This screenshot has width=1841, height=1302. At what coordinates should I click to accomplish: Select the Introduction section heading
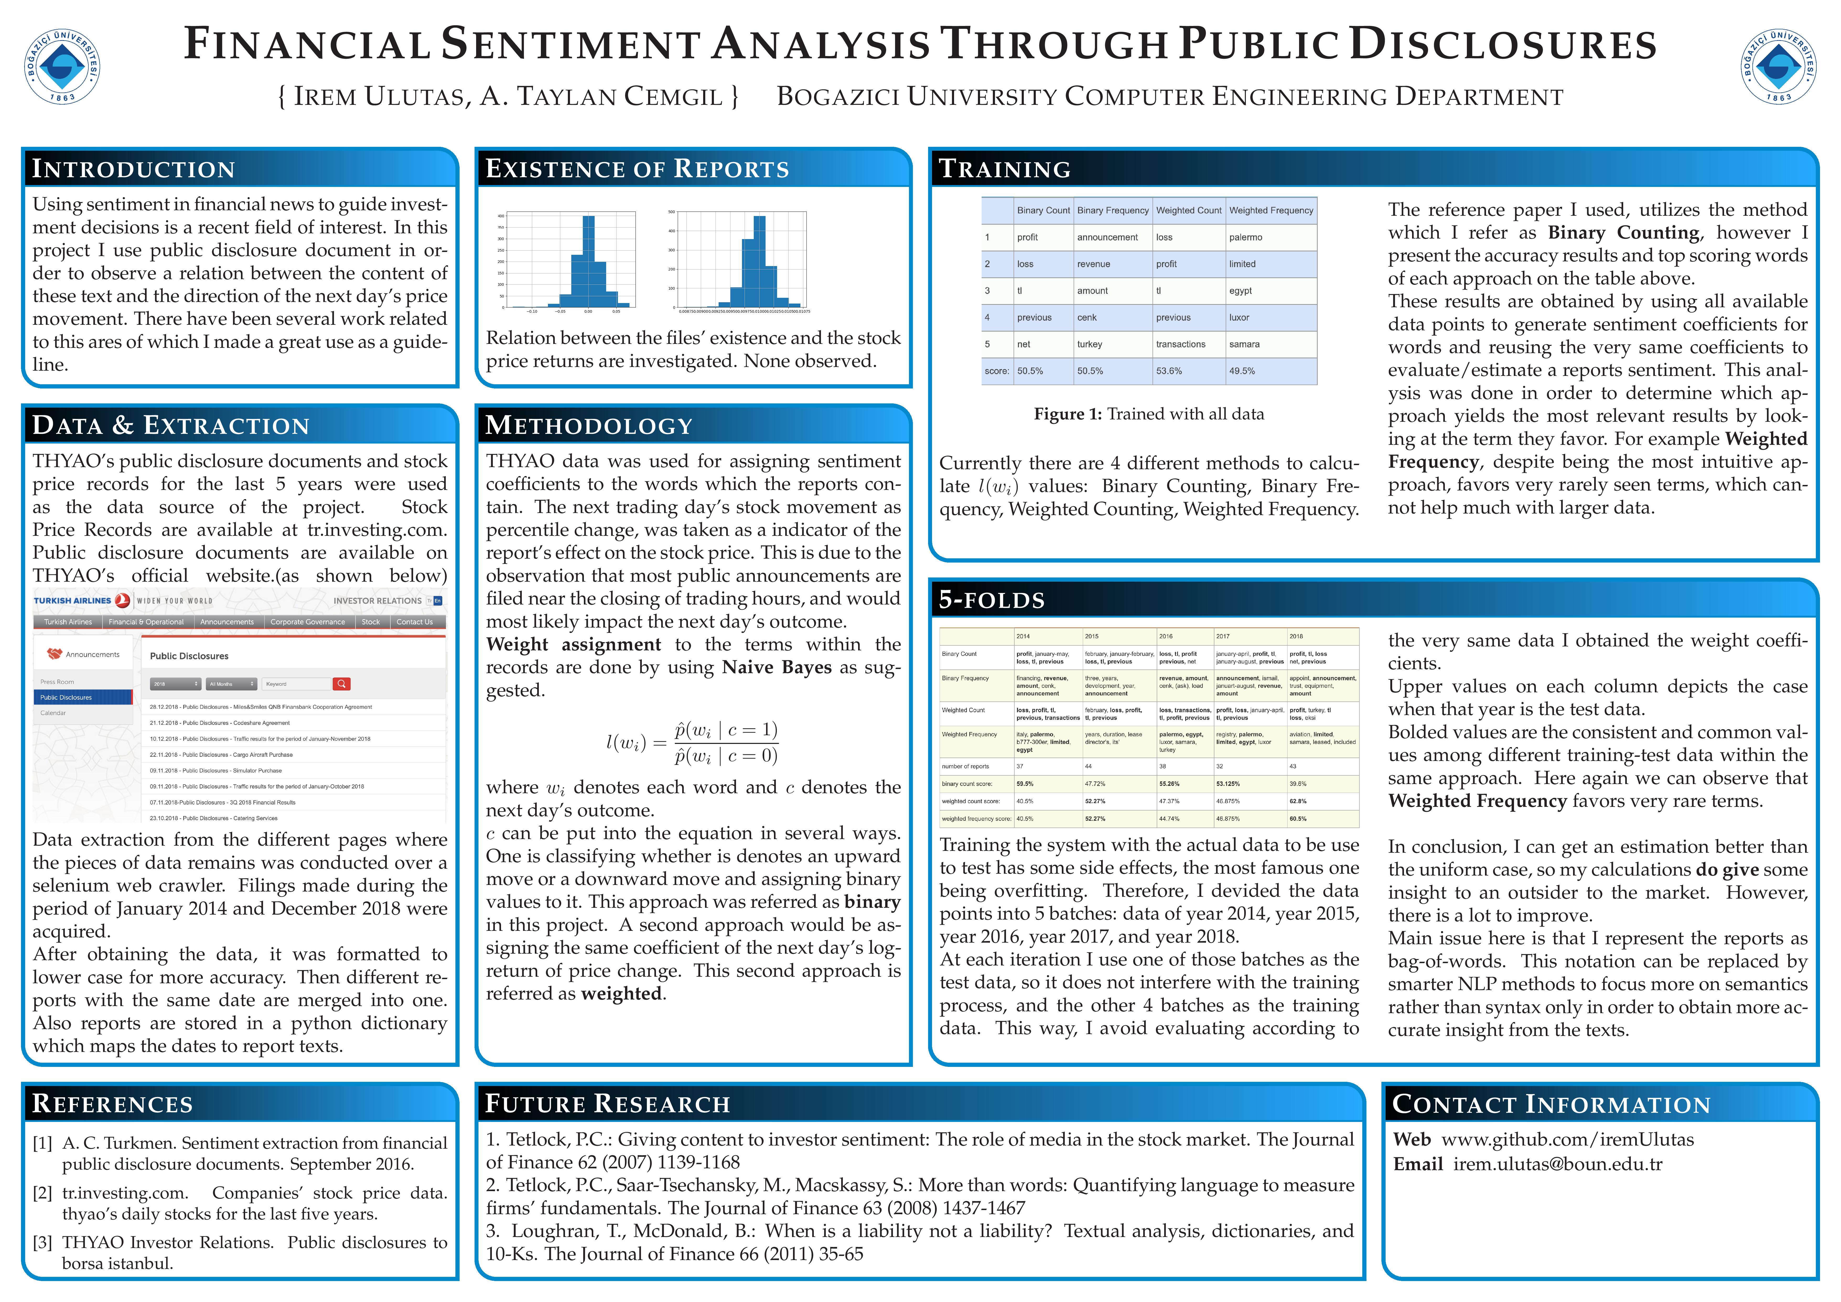(133, 169)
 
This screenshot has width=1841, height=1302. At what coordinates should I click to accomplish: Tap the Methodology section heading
(589, 426)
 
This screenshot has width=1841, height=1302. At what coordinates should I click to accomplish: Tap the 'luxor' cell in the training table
(1240, 317)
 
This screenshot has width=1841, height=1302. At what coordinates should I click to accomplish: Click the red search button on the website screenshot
(342, 684)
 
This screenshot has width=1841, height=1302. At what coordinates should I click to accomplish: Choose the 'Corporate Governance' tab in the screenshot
(308, 622)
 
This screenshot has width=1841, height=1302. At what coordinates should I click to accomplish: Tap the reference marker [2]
(42, 1193)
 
